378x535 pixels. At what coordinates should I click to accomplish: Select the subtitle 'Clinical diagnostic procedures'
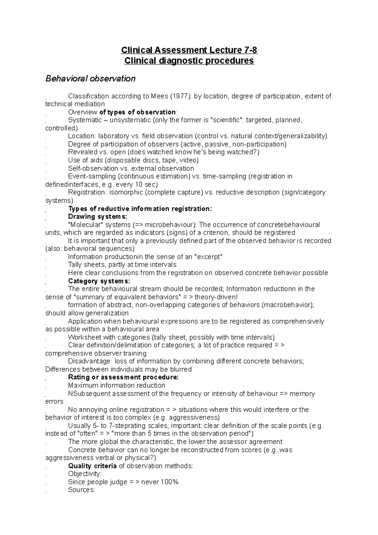tap(189, 60)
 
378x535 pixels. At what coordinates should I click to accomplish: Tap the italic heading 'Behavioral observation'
tap(90, 78)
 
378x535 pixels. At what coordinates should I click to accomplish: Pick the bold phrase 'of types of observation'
tap(137, 112)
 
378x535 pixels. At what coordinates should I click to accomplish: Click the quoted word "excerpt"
tap(209, 256)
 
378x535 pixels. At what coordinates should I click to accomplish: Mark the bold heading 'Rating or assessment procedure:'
tap(123, 377)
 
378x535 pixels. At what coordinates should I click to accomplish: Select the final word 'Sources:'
tap(81, 490)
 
